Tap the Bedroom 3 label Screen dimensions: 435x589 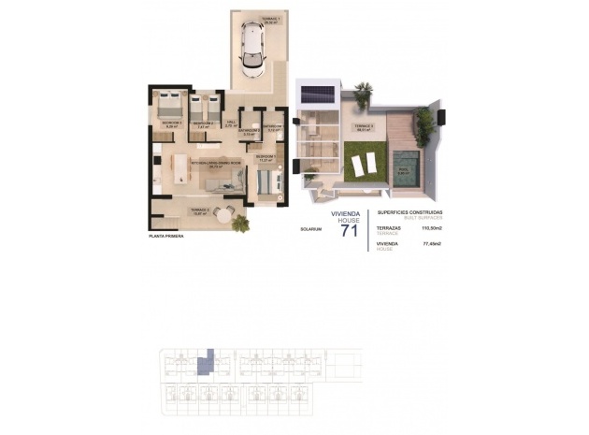[171, 123]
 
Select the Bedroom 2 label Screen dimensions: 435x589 [204, 123]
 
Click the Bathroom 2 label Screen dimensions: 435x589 [249, 133]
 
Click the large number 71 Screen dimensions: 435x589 [349, 230]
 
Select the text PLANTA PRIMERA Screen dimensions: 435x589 [165, 236]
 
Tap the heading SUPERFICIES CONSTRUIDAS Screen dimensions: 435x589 [409, 212]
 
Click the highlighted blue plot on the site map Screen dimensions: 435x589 [209, 360]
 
